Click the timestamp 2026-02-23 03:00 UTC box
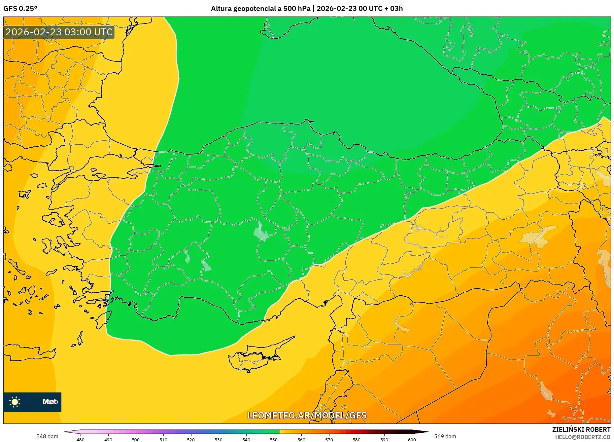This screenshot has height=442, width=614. pyautogui.click(x=59, y=32)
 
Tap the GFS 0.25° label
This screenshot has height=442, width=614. pyautogui.click(x=20, y=9)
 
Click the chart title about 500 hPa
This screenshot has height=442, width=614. pyautogui.click(x=307, y=9)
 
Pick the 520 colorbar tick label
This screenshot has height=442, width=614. pyautogui.click(x=191, y=440)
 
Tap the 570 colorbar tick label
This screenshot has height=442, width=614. pyautogui.click(x=329, y=440)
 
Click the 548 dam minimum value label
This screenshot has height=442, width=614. pyautogui.click(x=47, y=436)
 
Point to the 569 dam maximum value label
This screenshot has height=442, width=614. pyautogui.click(x=445, y=436)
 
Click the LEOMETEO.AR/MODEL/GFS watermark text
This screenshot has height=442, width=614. pyautogui.click(x=307, y=415)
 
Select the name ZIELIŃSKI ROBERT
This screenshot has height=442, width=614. pyautogui.click(x=581, y=429)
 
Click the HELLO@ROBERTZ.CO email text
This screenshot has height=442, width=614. pyautogui.click(x=583, y=437)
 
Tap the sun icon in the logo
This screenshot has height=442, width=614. pyautogui.click(x=15, y=402)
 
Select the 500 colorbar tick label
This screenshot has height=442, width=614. pyautogui.click(x=136, y=440)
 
